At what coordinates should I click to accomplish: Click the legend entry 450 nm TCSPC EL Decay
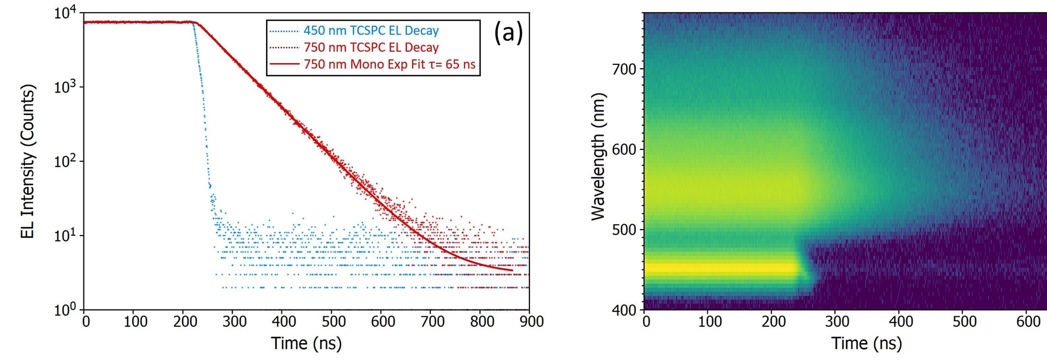tap(371, 31)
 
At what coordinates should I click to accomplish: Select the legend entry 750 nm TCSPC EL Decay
tap(371, 47)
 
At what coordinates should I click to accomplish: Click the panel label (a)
tap(508, 33)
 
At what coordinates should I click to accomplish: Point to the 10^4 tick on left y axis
tap(65, 13)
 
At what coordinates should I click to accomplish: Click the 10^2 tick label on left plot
tap(65, 162)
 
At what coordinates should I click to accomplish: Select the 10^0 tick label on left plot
tap(65, 310)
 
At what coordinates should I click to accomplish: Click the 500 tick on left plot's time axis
tap(333, 322)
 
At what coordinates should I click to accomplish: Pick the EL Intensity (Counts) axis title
tap(27, 161)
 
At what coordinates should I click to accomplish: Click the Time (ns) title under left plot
tap(306, 344)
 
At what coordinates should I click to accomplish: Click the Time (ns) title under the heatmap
tap(867, 344)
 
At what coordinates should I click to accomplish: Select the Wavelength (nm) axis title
tap(598, 157)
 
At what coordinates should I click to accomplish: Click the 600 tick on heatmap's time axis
tap(1028, 322)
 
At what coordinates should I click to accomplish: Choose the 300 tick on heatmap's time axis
tap(837, 322)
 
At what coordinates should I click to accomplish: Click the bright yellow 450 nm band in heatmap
tap(720, 268)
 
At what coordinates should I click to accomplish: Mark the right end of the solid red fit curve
tap(512, 270)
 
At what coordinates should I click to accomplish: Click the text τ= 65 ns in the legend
tap(452, 64)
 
